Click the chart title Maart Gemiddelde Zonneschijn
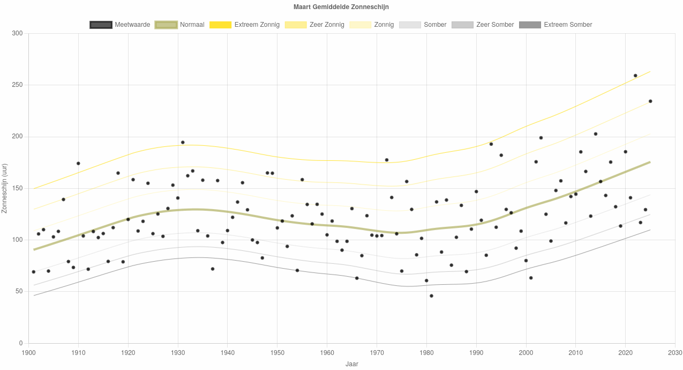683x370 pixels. click(341, 7)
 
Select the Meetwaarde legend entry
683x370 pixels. click(120, 25)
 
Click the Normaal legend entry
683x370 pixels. click(179, 25)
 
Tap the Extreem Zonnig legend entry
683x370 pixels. click(244, 25)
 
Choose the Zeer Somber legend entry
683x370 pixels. click(483, 25)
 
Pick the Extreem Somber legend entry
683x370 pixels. click(556, 25)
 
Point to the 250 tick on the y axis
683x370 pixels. click(17, 85)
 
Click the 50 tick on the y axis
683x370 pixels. click(19, 292)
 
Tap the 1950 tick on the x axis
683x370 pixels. click(277, 353)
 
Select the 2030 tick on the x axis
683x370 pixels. click(675, 353)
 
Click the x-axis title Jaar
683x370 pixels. click(351, 364)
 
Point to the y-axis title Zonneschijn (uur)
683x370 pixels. click(4, 188)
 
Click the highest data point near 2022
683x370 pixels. click(635, 76)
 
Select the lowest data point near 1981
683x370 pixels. click(431, 296)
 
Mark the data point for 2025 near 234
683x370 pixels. click(650, 101)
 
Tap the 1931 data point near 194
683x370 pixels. click(183, 143)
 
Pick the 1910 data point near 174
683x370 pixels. click(78, 164)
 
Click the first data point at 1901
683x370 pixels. click(34, 272)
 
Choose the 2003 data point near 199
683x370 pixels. click(541, 138)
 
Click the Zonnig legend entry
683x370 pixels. click(372, 25)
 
